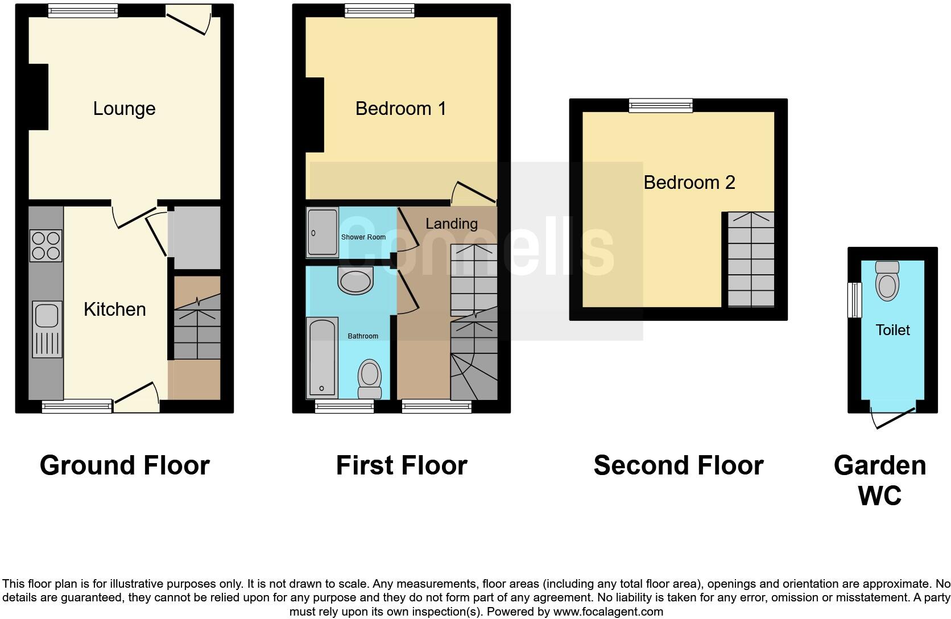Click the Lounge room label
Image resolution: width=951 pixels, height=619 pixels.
click(124, 109)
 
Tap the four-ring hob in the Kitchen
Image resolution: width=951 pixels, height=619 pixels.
click(46, 245)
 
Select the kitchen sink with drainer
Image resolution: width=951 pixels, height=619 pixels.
click(47, 329)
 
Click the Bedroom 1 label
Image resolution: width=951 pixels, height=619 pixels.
click(400, 109)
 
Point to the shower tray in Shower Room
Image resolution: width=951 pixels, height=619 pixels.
click(322, 232)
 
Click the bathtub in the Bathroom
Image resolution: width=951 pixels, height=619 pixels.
click(322, 358)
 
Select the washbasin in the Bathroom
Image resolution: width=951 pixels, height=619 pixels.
click(355, 280)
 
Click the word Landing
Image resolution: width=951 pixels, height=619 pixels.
click(452, 224)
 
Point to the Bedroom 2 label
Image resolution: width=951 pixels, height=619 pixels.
click(689, 183)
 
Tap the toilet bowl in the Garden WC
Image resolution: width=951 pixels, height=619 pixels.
click(887, 281)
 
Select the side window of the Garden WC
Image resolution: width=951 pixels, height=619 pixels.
click(854, 300)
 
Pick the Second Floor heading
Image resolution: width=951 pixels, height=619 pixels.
click(678, 465)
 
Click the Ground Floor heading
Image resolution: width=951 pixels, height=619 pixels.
click(125, 465)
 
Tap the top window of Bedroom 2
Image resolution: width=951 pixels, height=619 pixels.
click(660, 105)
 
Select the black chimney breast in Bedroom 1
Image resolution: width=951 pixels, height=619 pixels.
click(315, 115)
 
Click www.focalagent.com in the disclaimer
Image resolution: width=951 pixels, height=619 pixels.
click(607, 612)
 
